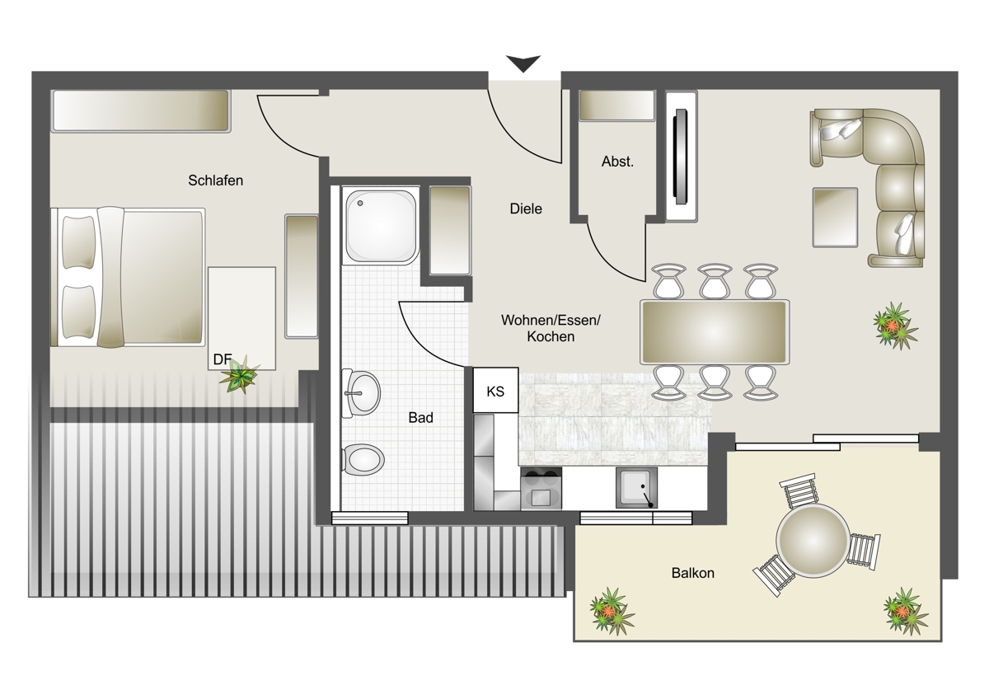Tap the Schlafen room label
click(x=215, y=181)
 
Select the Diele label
click(x=526, y=209)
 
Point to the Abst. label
click(x=617, y=162)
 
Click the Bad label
click(x=421, y=418)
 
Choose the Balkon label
click(x=693, y=573)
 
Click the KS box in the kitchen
click(x=495, y=391)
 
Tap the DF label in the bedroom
click(x=222, y=359)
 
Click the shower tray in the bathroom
click(x=381, y=226)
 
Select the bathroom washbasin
click(x=360, y=393)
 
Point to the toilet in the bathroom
click(x=363, y=460)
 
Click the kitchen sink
click(x=636, y=488)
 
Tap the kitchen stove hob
click(x=541, y=489)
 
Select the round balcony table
click(x=813, y=541)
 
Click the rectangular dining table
click(x=715, y=332)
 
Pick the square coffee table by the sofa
click(x=835, y=218)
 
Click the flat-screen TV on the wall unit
click(x=681, y=157)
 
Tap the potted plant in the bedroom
click(x=240, y=374)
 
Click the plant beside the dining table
click(x=895, y=326)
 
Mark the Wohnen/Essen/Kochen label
click(x=551, y=329)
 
